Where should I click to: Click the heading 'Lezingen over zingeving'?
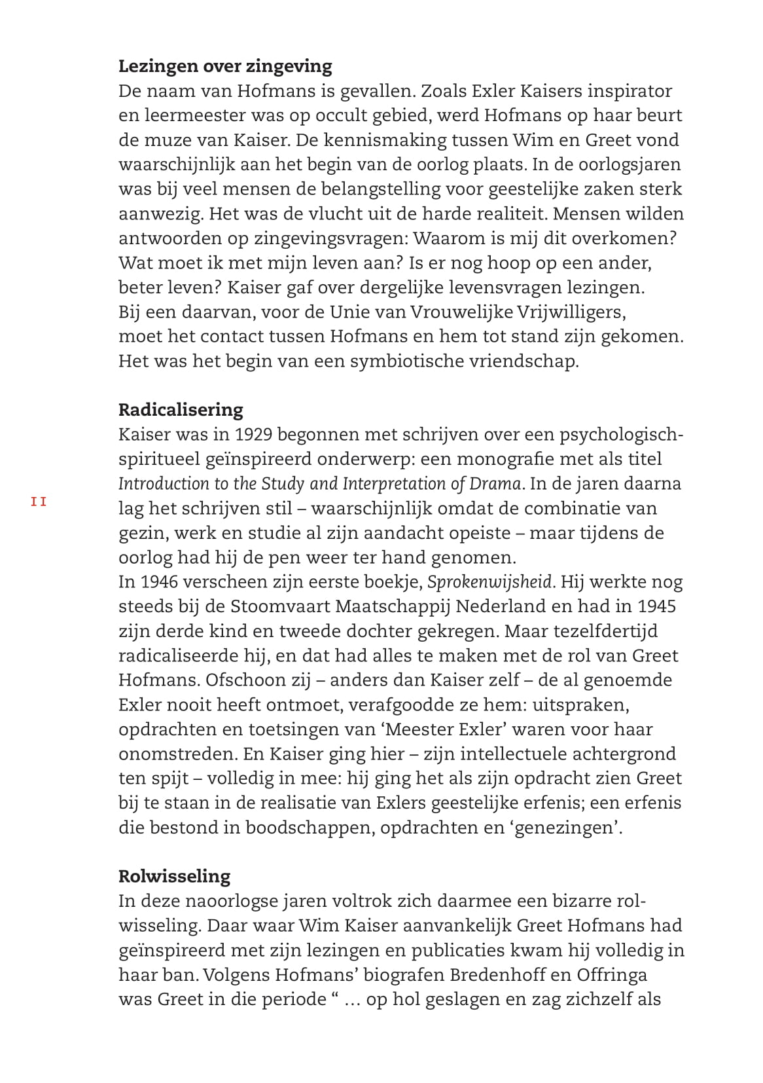click(x=225, y=66)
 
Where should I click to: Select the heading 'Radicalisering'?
click(x=181, y=410)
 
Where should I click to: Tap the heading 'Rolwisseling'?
click(x=175, y=876)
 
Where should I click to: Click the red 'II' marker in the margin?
click(x=39, y=502)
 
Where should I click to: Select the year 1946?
click(x=159, y=582)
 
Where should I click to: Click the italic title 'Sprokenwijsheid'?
click(x=491, y=582)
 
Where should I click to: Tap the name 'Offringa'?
click(x=612, y=975)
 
